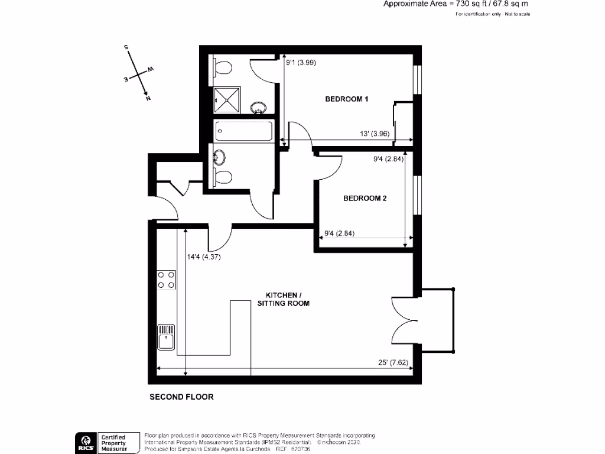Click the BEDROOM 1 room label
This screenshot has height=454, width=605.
click(347, 99)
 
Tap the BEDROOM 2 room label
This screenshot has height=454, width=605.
click(365, 199)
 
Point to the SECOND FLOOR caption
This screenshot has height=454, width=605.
click(181, 397)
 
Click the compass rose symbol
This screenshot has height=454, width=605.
click(138, 73)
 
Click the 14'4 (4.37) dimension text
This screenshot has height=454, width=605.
click(204, 257)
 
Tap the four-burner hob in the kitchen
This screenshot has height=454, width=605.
click(166, 280)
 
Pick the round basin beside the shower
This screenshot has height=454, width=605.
click(258, 108)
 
